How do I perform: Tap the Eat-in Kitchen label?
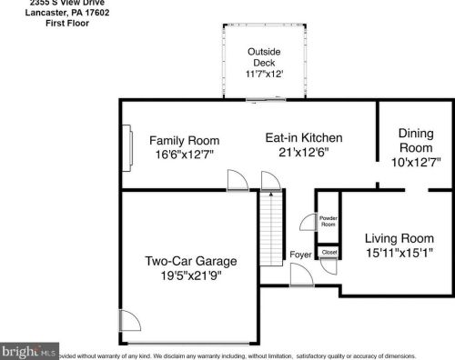coord(303,138)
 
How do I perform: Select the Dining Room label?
coord(416,140)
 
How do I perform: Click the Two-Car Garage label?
coord(191,262)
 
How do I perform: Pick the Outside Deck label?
coord(264,56)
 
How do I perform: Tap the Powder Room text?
coord(327,221)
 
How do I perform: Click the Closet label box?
coord(329,252)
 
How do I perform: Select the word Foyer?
coord(300,255)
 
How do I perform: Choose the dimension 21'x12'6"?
coord(303,153)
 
